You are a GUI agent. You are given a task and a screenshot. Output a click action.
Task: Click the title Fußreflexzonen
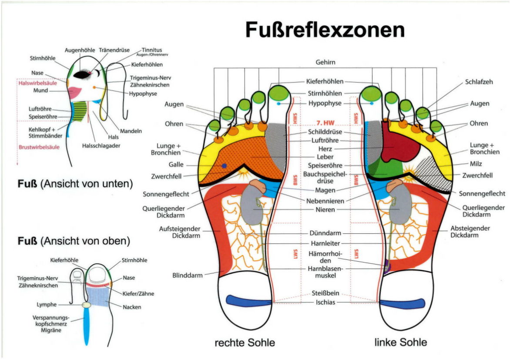pyautogui.click(x=325, y=30)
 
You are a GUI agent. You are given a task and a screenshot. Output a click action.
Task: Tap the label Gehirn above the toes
pyautogui.click(x=325, y=62)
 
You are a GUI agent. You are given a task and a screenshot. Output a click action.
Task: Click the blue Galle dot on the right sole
pyautogui.click(x=224, y=166)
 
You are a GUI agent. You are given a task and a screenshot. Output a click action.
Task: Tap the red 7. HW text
pyautogui.click(x=325, y=122)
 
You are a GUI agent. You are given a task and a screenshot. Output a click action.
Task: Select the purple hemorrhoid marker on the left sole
pyautogui.click(x=386, y=264)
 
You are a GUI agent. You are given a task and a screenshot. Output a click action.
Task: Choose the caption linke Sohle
pyautogui.click(x=400, y=342)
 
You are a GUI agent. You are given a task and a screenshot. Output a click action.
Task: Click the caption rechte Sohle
pyautogui.click(x=245, y=343)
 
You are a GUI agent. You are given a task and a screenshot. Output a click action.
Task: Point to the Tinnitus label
pyautogui.click(x=152, y=50)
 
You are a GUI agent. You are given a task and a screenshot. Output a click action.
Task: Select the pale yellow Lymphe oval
pyautogui.click(x=87, y=306)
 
